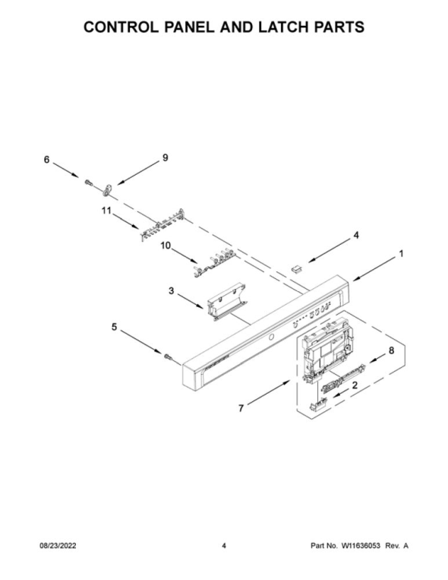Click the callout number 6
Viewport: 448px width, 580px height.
46,160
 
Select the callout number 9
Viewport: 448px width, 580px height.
166,157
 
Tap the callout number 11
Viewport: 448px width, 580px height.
106,211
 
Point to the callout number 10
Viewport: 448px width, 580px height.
166,246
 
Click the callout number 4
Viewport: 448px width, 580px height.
356,235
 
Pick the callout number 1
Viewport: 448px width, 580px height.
401,254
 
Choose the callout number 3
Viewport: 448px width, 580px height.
171,291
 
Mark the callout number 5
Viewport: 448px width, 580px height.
114,327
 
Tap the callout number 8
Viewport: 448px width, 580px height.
392,350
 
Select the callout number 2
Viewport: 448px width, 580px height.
355,385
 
